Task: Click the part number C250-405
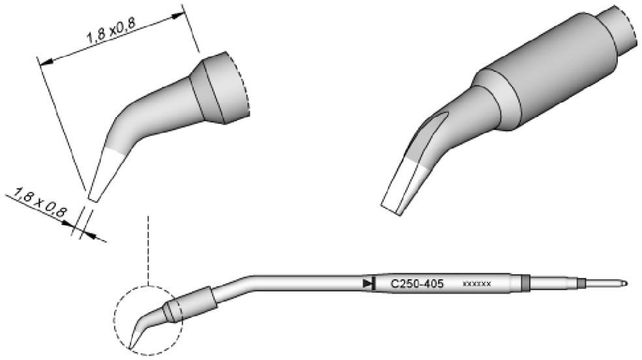[417, 284]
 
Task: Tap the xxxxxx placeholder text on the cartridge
[476, 284]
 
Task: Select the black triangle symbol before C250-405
[367, 283]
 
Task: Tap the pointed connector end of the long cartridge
[624, 284]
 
